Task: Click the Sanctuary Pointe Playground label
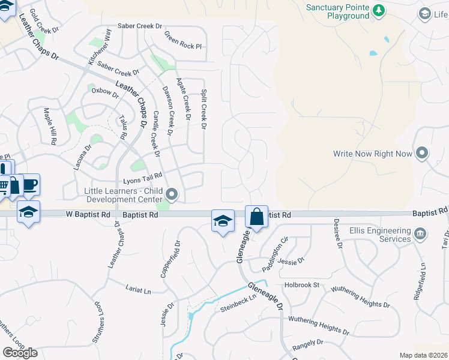[337, 12]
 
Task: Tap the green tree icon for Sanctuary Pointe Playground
[379, 10]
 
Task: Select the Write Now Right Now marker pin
[422, 153]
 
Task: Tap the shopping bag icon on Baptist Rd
[256, 216]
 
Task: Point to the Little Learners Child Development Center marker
[172, 193]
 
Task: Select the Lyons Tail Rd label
[143, 178]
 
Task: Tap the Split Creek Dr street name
[203, 110]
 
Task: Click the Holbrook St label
[302, 284]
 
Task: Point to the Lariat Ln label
[138, 289]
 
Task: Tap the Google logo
[20, 353]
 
